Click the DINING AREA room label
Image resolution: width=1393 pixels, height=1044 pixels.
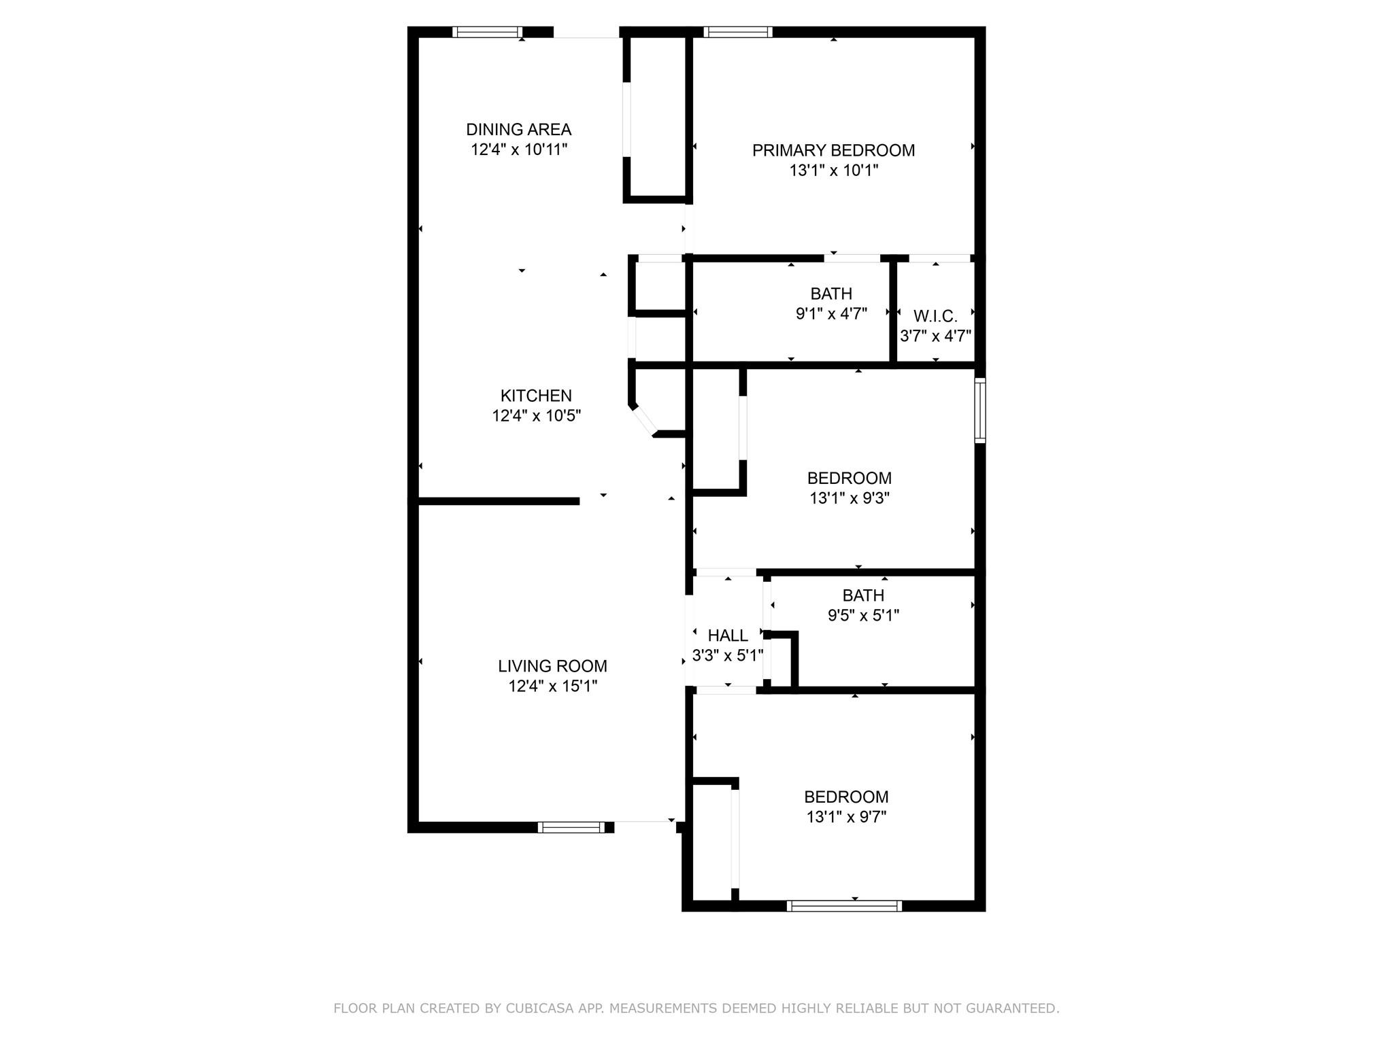tap(518, 129)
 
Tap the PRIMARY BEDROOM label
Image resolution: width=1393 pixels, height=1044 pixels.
tap(833, 150)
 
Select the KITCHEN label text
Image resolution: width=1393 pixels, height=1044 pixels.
tap(536, 396)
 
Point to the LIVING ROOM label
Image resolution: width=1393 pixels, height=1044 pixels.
tap(552, 666)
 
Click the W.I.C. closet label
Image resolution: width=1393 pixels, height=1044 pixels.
tap(935, 316)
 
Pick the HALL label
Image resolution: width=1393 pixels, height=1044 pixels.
tap(728, 636)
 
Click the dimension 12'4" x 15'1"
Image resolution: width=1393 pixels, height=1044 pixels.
tap(552, 686)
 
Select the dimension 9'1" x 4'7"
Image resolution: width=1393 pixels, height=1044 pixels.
tap(831, 314)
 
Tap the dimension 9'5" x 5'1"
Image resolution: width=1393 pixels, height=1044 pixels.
tap(863, 616)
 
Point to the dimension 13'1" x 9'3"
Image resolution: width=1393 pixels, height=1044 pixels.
tap(849, 498)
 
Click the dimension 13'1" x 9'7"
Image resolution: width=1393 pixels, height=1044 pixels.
tap(846, 817)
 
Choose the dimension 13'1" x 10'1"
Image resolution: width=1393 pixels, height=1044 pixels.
tap(833, 171)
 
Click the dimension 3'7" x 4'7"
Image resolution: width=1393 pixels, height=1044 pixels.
tap(935, 336)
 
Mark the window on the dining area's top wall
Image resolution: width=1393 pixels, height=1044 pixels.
tap(487, 32)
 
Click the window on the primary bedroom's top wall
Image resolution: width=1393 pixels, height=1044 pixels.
tap(738, 32)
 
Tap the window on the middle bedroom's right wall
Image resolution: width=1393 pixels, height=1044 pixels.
tap(980, 411)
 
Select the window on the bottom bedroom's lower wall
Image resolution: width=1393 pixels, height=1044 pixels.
tap(844, 906)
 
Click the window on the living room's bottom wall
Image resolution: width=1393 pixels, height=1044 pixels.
tap(571, 827)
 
